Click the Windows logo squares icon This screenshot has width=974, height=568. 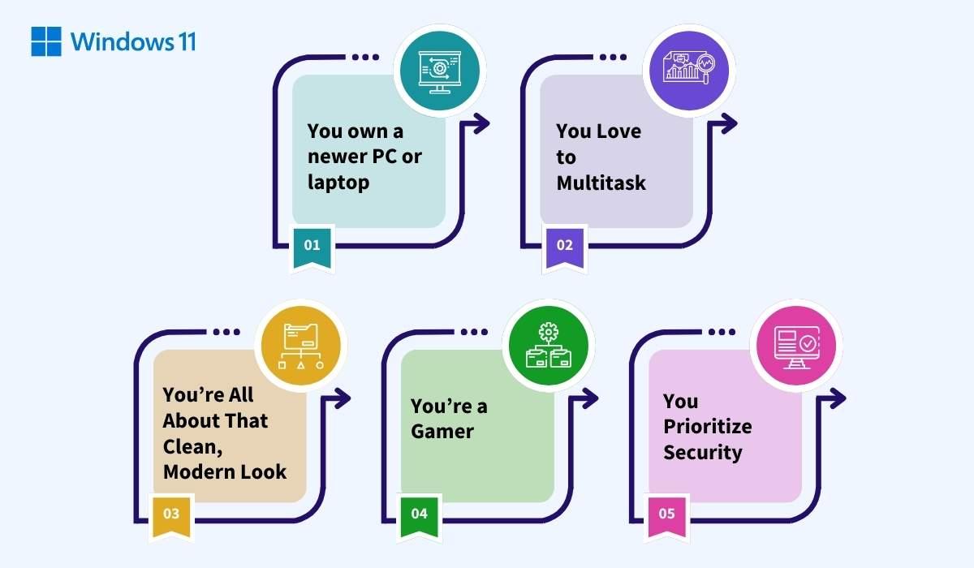46,41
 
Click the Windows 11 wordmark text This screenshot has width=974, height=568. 133,41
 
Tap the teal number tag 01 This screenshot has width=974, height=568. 312,244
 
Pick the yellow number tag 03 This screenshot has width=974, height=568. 171,514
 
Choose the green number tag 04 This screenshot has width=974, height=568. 420,514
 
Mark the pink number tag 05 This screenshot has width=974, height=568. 666,514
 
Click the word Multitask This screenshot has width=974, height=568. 601,183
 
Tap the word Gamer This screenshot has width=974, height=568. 442,431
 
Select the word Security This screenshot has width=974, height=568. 702,452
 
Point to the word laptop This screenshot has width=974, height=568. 338,182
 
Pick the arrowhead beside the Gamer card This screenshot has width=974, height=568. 591,398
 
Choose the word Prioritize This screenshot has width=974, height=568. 707,426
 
